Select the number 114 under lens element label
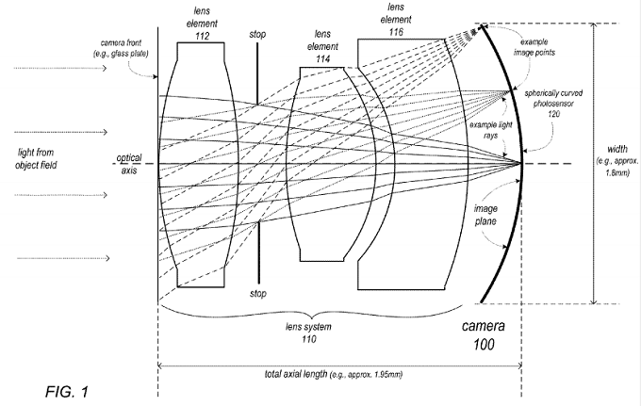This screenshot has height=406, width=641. point(323,58)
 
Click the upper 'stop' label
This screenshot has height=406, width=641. point(257,35)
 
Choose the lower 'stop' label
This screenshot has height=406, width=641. point(257,294)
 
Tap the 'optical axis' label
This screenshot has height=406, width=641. point(129,164)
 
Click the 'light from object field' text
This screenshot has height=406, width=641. point(37,158)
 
